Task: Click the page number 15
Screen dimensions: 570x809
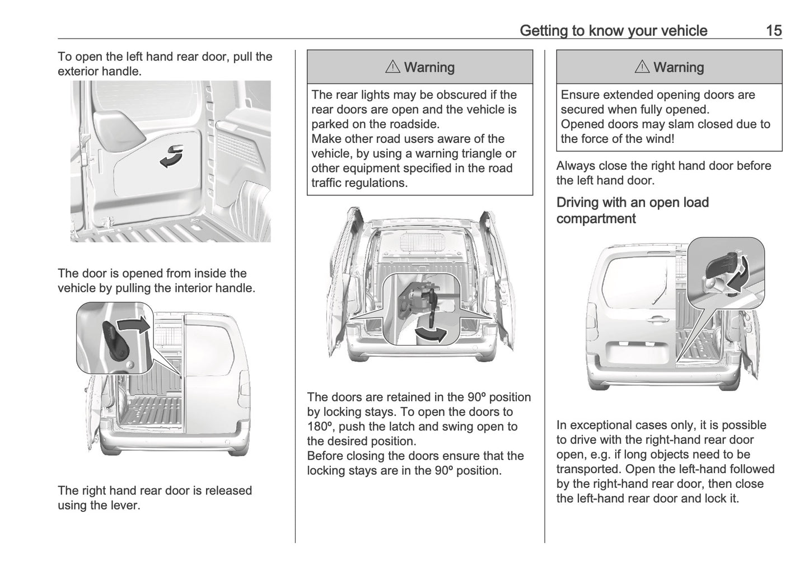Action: [x=774, y=30]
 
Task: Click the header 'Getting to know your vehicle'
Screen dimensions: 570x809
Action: [x=613, y=30]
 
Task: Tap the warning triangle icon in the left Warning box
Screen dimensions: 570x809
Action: [x=392, y=68]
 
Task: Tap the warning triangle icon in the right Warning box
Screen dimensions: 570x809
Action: [x=642, y=68]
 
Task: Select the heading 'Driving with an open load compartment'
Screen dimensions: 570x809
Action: [x=632, y=211]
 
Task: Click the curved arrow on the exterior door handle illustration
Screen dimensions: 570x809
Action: [x=171, y=156]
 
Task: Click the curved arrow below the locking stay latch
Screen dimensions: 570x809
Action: [x=432, y=334]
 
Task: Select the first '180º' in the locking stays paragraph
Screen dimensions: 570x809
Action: [x=320, y=426]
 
